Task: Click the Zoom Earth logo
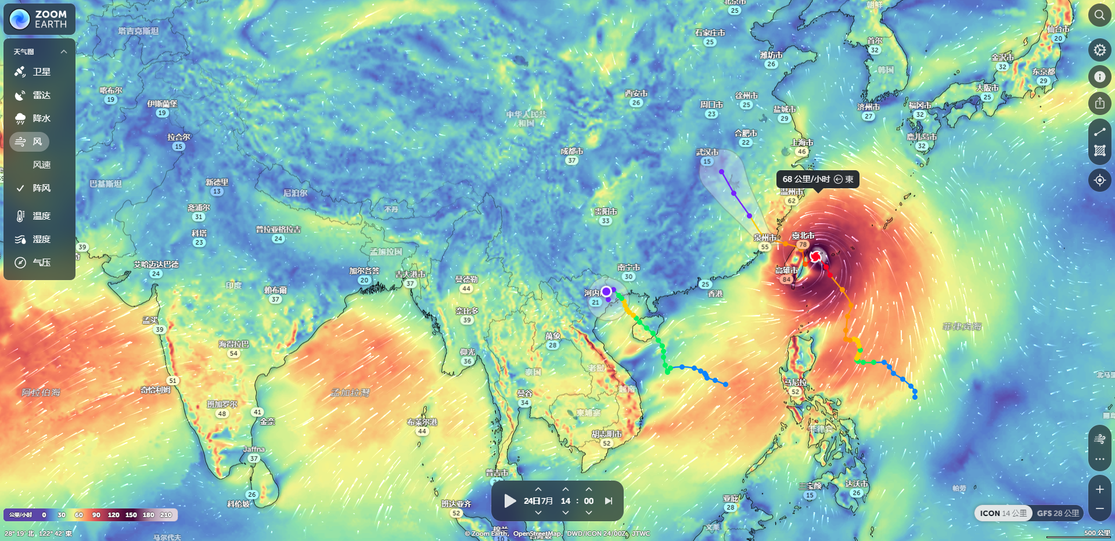[39, 19]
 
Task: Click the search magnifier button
[1099, 15]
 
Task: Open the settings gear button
[1099, 50]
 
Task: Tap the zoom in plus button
[1099, 489]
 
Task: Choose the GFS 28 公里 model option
[1058, 513]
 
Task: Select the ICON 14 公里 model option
[1003, 513]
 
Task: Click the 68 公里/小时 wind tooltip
[817, 179]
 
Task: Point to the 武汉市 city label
[707, 152]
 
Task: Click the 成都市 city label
[571, 151]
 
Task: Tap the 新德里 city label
[217, 182]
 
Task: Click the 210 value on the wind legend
[166, 515]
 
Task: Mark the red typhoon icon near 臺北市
[816, 256]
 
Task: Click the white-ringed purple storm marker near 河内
[606, 291]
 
